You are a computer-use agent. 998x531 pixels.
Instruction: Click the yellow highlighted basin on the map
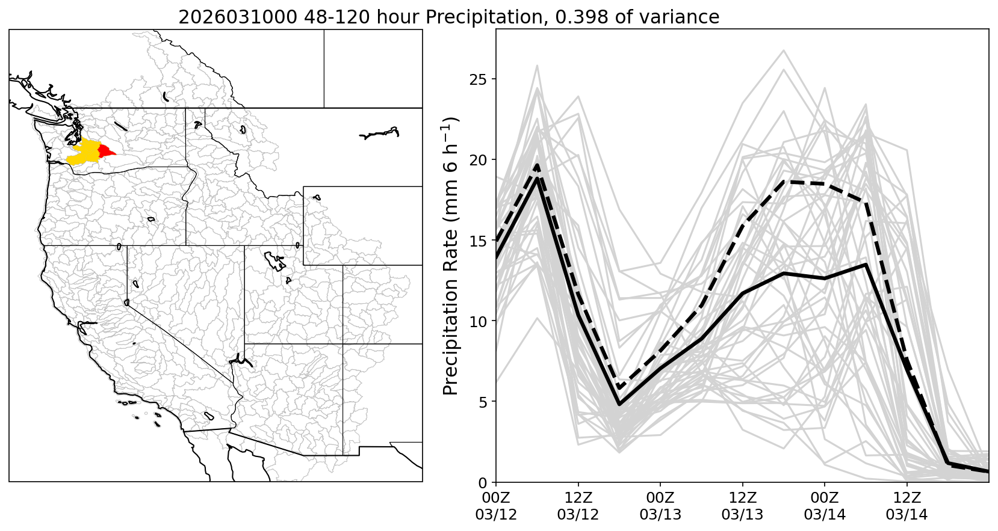point(84,152)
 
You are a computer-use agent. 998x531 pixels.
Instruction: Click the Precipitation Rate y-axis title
point(451,256)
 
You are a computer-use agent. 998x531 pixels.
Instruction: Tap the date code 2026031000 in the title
point(237,17)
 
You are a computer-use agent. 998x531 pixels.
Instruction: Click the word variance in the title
point(683,17)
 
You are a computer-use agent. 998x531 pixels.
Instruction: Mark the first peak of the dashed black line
point(537,165)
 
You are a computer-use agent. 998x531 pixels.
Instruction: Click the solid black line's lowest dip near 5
point(619,404)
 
